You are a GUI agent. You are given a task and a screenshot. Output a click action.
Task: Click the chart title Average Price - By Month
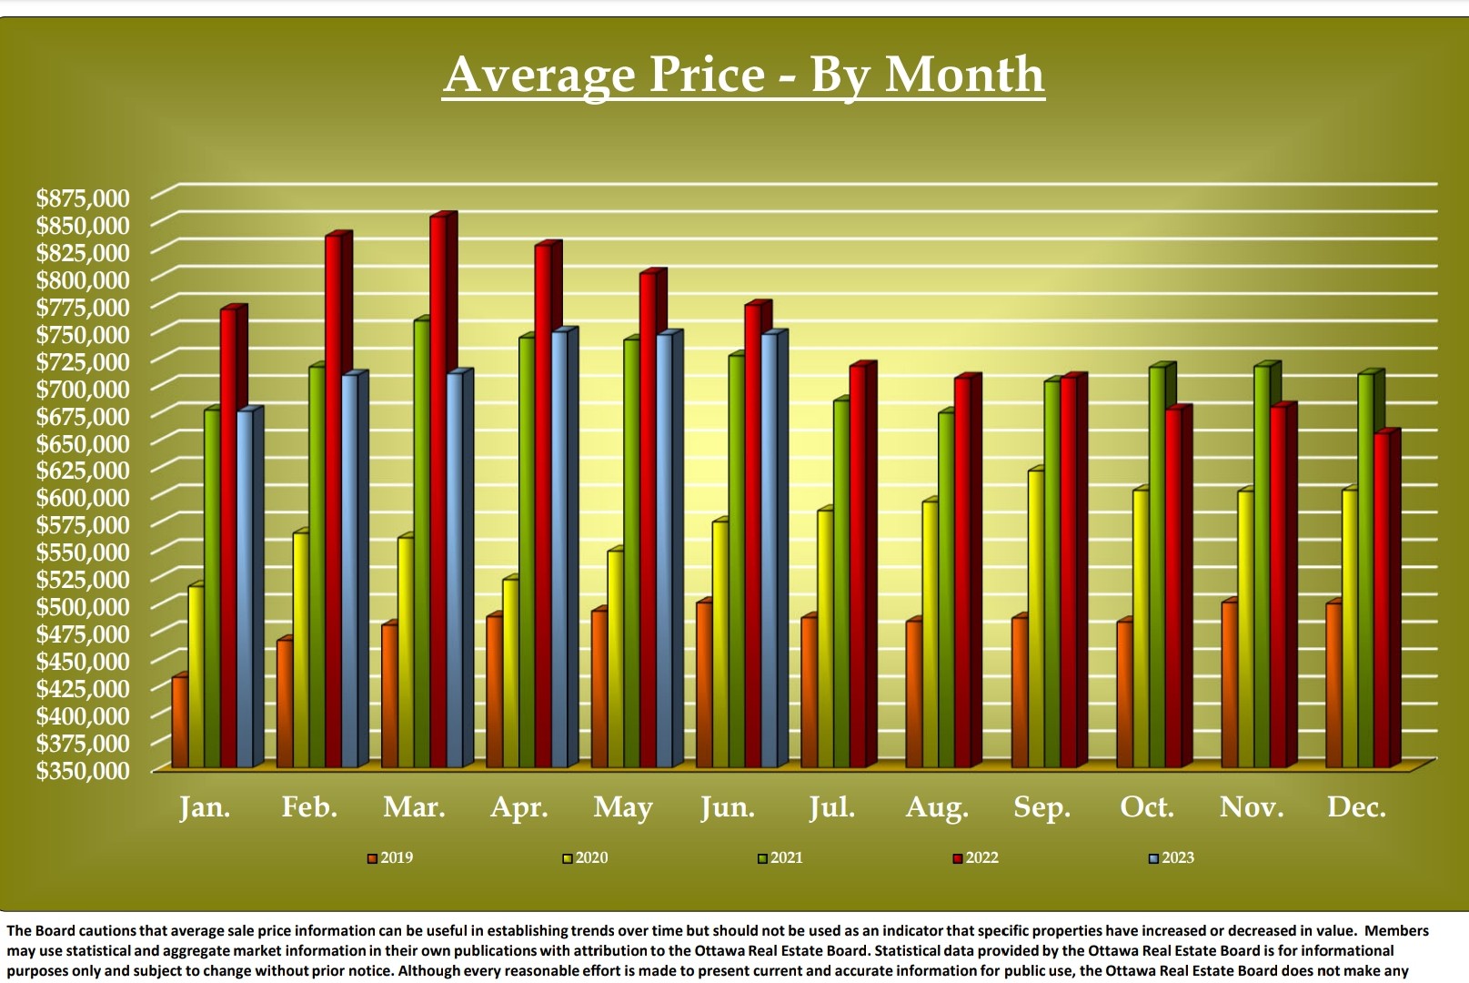743,74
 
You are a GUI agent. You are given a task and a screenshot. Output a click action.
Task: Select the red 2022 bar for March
438,491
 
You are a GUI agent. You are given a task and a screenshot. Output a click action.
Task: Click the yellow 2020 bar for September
1035,619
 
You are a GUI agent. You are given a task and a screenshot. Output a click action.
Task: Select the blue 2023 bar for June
770,551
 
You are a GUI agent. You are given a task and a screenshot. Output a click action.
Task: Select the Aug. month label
937,807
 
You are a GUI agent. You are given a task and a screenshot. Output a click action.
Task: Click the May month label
623,807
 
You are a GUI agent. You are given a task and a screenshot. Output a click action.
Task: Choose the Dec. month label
1356,807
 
